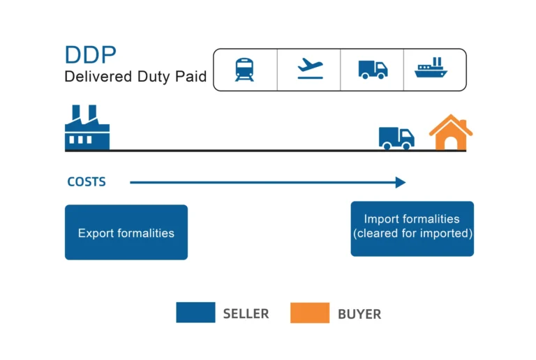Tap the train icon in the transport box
click(x=244, y=69)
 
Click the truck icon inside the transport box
click(x=373, y=69)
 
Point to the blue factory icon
click(x=87, y=129)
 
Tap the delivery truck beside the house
click(x=396, y=137)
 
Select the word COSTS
click(x=87, y=182)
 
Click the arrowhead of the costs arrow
click(x=401, y=182)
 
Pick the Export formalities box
click(x=126, y=232)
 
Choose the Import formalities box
click(x=412, y=228)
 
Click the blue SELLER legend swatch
click(x=195, y=313)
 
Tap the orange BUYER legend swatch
click(x=310, y=313)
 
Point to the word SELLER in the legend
click(x=246, y=314)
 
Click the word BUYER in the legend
click(x=359, y=314)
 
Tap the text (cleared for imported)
click(x=412, y=234)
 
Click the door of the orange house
click(x=451, y=144)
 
